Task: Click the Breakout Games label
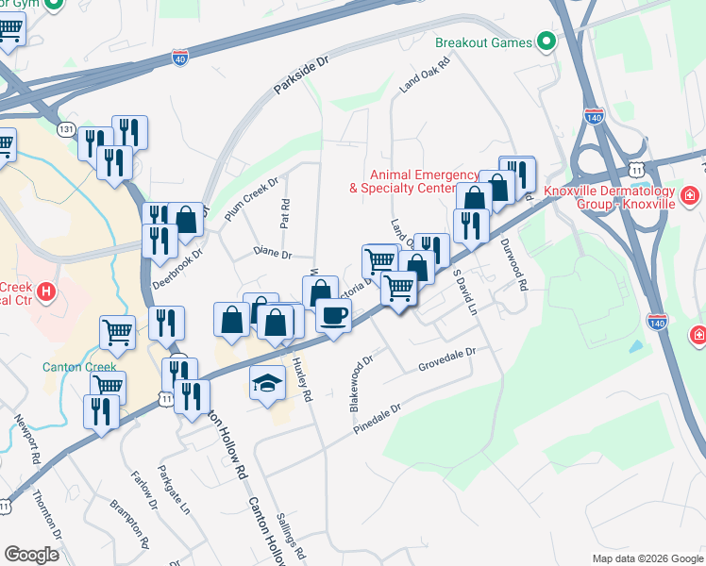[x=483, y=42]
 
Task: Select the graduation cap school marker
[x=267, y=381]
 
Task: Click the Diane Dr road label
[x=272, y=254]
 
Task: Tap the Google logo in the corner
[x=31, y=555]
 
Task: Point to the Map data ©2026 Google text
[x=647, y=558]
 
